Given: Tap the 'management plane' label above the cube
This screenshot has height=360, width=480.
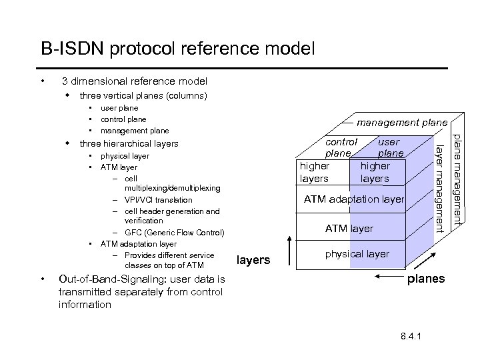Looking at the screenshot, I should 400,123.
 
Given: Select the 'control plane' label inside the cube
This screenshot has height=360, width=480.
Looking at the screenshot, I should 341,147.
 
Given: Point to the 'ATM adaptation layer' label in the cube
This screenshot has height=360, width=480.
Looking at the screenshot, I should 353,199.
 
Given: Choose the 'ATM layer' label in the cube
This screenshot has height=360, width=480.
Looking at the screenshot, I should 349,229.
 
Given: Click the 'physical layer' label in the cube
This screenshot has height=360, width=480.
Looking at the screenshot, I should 357,254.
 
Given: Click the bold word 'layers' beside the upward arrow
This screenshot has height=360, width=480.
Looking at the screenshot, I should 253,260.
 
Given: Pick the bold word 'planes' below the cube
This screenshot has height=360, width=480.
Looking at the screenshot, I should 427,279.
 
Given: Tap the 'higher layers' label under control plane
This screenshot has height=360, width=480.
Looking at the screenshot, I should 315,172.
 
